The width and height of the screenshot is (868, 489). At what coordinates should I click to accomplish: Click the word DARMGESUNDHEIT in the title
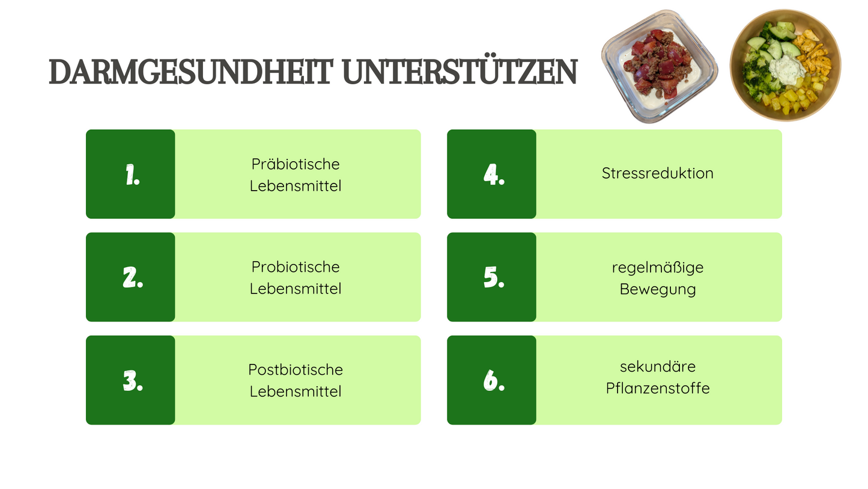pyautogui.click(x=190, y=72)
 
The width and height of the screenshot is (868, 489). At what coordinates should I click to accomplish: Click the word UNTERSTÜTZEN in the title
pyautogui.click(x=459, y=72)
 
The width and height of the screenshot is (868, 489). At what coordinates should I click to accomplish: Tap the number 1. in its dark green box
pyautogui.click(x=132, y=175)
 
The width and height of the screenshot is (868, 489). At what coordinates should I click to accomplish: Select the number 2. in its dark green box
pyautogui.click(x=132, y=278)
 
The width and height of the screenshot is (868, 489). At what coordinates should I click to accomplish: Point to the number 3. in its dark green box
pyautogui.click(x=132, y=381)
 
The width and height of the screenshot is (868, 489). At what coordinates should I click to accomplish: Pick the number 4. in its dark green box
pyautogui.click(x=493, y=175)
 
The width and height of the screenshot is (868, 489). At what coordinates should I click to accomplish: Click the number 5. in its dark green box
pyautogui.click(x=493, y=278)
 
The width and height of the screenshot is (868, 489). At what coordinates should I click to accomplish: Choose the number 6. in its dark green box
pyautogui.click(x=493, y=381)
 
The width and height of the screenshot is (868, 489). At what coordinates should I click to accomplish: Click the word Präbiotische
pyautogui.click(x=295, y=164)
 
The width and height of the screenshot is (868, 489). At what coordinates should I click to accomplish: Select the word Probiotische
pyautogui.click(x=295, y=267)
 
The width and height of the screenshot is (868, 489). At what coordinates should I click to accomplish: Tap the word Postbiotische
pyautogui.click(x=295, y=370)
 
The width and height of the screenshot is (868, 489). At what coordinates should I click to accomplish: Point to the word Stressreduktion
pyautogui.click(x=657, y=173)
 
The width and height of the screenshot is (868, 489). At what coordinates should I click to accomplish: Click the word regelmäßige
pyautogui.click(x=657, y=268)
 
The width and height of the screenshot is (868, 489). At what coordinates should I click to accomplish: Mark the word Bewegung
pyautogui.click(x=657, y=289)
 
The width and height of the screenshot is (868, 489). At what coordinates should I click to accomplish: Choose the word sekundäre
pyautogui.click(x=657, y=366)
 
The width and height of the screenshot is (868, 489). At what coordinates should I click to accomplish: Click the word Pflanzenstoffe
pyautogui.click(x=657, y=389)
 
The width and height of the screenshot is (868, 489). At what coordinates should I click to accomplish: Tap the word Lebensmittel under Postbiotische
pyautogui.click(x=295, y=392)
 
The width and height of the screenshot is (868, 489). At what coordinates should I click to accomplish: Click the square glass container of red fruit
pyautogui.click(x=660, y=66)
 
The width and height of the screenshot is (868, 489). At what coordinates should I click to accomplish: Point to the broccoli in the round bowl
pyautogui.click(x=752, y=77)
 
